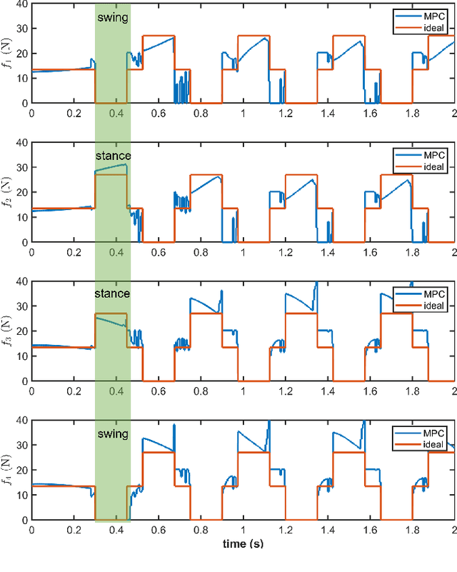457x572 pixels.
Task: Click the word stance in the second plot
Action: [112, 156]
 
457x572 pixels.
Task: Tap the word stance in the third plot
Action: [112, 293]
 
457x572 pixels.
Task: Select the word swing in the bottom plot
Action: [112, 433]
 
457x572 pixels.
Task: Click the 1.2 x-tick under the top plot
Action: [286, 113]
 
